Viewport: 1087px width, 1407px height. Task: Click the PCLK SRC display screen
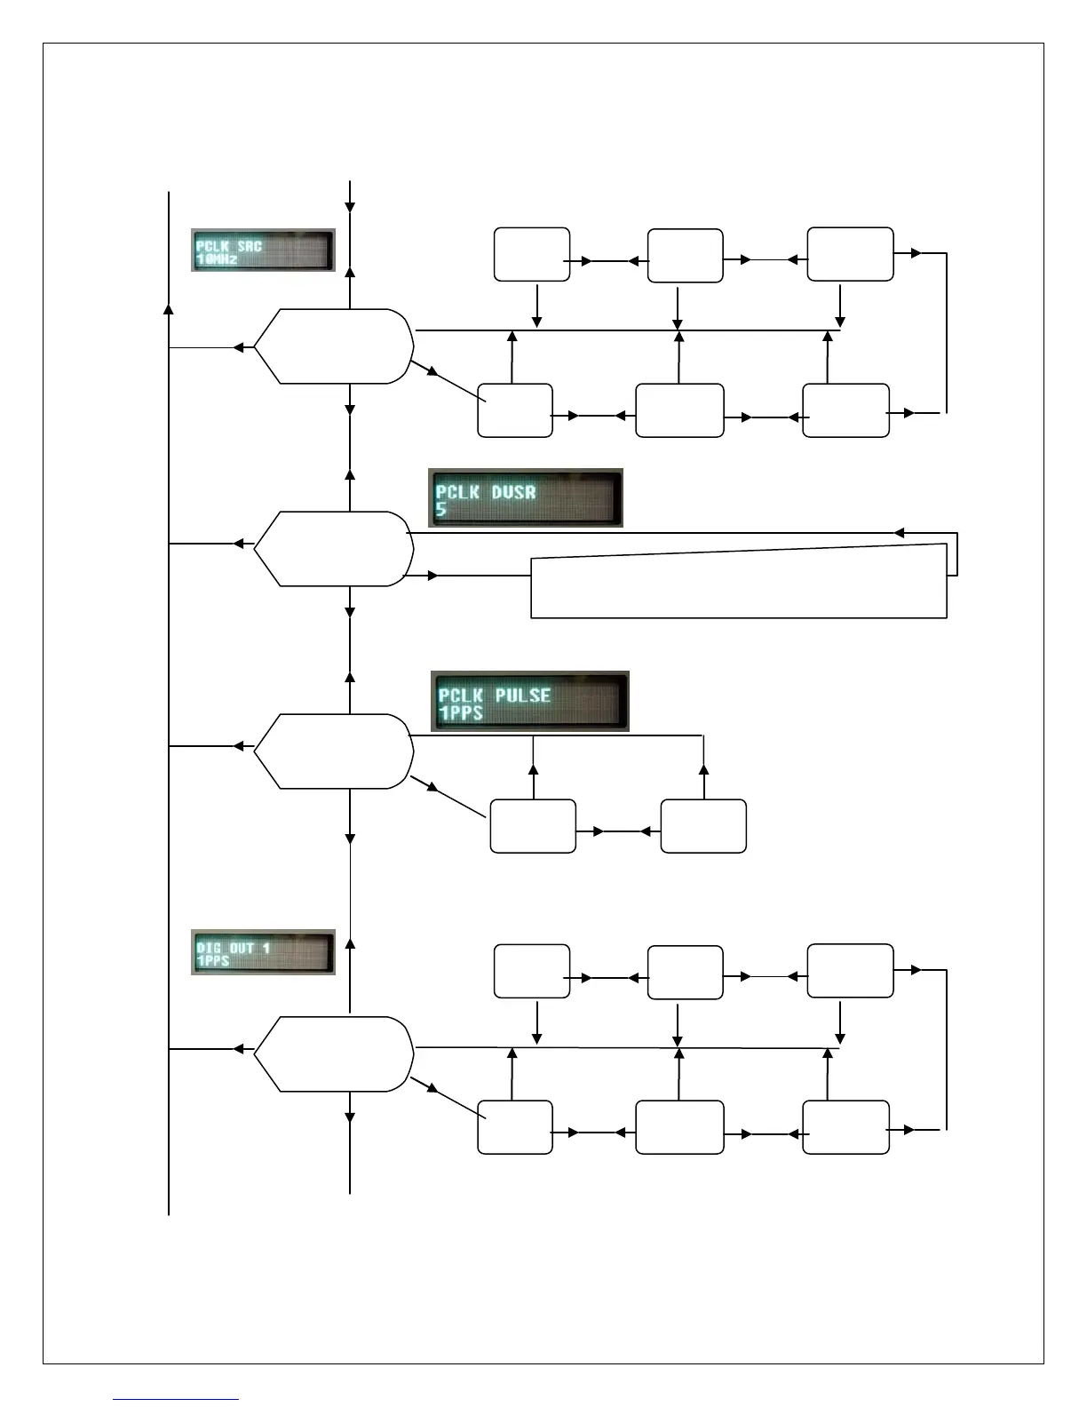click(x=263, y=250)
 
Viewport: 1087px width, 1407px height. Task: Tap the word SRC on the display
click(x=250, y=245)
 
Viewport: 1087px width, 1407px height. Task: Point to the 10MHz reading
click(x=217, y=259)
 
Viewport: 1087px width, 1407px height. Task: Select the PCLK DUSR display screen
click(x=526, y=498)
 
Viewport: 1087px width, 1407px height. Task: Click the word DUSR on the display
click(x=513, y=491)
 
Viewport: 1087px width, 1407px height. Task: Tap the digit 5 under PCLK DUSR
click(x=441, y=510)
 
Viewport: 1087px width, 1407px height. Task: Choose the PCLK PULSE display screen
click(x=530, y=702)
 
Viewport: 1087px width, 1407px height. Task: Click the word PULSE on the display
click(x=523, y=695)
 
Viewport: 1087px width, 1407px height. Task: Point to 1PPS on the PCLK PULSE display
click(x=461, y=713)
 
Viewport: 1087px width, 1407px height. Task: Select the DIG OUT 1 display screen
click(x=263, y=952)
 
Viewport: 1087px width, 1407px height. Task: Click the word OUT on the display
click(x=242, y=948)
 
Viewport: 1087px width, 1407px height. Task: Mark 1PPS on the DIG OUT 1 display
click(x=213, y=961)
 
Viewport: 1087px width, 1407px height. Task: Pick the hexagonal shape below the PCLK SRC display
click(x=334, y=346)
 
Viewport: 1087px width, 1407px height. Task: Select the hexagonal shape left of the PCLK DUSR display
click(x=334, y=549)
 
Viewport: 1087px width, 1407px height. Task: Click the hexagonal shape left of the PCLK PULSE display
click(x=334, y=751)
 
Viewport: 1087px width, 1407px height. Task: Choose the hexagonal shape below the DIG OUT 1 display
click(x=334, y=1054)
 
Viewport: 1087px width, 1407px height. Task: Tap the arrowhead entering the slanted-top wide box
click(x=432, y=576)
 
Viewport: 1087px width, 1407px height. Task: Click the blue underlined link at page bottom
click(x=176, y=1399)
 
